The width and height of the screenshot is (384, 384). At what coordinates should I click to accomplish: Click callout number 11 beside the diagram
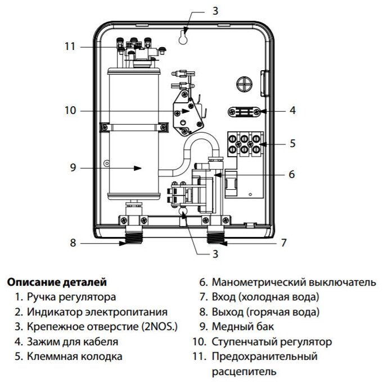tap(69, 47)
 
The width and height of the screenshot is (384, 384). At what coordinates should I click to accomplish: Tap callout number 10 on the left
tap(70, 111)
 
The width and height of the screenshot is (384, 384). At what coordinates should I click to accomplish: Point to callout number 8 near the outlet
tap(73, 243)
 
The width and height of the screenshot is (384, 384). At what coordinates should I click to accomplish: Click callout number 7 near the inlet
tap(283, 243)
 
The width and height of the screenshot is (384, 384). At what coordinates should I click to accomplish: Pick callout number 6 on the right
tap(291, 174)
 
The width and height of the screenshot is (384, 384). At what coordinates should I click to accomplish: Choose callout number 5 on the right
tap(292, 143)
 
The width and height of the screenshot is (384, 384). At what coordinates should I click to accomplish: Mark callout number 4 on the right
tap(292, 111)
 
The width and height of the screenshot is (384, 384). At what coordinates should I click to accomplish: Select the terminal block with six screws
tap(244, 143)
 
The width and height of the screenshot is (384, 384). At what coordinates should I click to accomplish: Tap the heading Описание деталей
tap(56, 281)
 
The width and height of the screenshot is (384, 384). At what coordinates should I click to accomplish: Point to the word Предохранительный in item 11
tap(265, 356)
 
